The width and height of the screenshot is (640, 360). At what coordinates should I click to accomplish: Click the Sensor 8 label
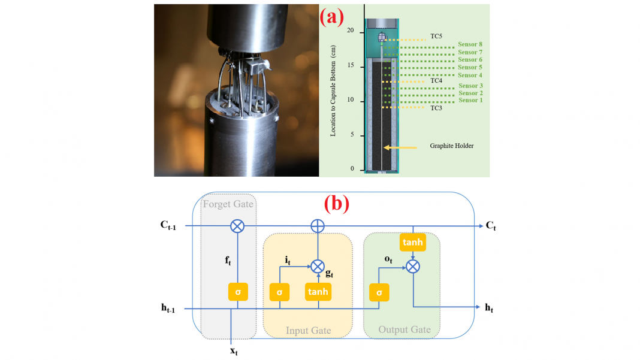pos(470,44)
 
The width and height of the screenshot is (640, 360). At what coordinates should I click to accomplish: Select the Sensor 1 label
pos(470,100)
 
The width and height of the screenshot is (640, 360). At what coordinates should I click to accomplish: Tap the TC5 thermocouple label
pos(436,37)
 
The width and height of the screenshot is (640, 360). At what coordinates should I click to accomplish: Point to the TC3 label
pos(436,108)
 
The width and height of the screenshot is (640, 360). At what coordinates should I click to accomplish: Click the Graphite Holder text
pos(452,146)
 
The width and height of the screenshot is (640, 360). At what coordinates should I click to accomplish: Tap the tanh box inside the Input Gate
pos(318,292)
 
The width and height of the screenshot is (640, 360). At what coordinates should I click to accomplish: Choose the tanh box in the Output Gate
pos(413,243)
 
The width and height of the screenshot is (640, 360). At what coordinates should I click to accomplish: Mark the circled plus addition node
pos(318,226)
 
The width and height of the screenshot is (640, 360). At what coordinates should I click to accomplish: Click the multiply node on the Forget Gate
pos(238,226)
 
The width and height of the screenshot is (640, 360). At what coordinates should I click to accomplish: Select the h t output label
pos(490,308)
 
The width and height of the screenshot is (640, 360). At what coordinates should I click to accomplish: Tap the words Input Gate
pos(308,331)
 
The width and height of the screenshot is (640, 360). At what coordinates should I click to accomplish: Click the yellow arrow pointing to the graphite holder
pos(400,146)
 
